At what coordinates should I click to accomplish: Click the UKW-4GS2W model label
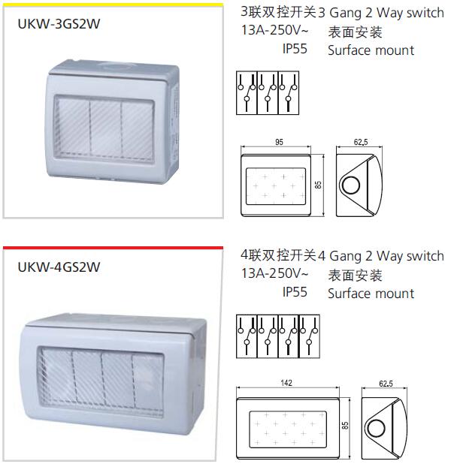[x=59, y=266]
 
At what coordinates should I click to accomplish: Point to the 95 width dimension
[x=278, y=141]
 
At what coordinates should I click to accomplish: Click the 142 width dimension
[x=286, y=383]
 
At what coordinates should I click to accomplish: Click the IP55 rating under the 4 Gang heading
[x=295, y=292]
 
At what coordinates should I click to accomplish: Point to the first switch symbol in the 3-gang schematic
[x=247, y=94]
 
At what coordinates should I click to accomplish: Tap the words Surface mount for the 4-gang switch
[x=371, y=294]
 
